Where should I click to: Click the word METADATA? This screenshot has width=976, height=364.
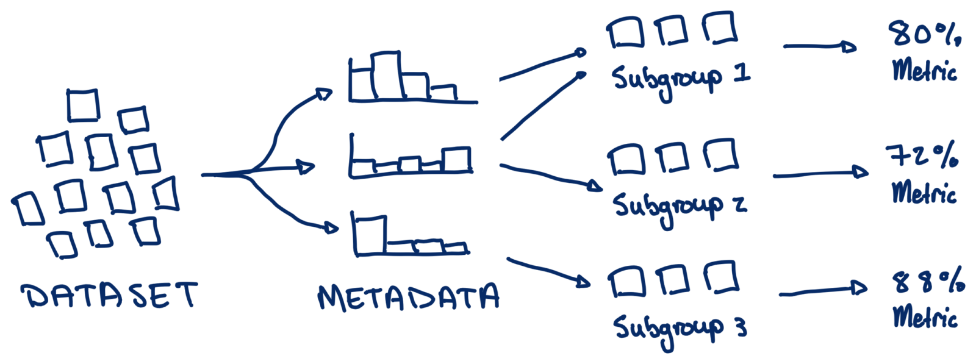click(408, 297)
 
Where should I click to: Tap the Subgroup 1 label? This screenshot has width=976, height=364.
click(680, 79)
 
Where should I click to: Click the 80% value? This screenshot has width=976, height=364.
click(924, 34)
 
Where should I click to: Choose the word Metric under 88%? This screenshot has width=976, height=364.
click(925, 317)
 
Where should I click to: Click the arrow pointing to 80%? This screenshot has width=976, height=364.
click(820, 46)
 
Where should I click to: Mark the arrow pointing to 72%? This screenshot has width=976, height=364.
click(820, 174)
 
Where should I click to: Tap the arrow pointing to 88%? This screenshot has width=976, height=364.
click(823, 291)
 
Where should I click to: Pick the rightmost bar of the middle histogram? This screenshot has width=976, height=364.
click(457, 160)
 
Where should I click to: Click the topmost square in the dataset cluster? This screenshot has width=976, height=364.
click(82, 105)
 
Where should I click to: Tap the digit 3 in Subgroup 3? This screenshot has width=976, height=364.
click(741, 329)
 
